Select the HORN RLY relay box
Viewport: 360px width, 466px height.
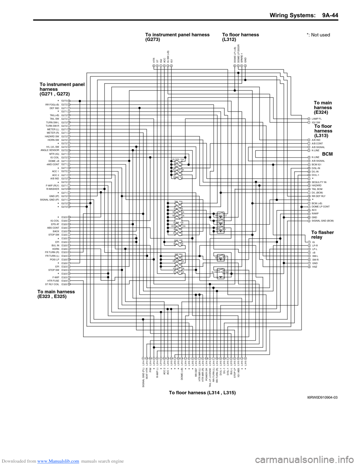tap(221, 230)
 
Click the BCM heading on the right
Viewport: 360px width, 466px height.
tap(327, 154)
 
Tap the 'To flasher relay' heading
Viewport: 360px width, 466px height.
tap(322, 235)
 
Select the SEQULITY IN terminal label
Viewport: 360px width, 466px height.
tap(319, 182)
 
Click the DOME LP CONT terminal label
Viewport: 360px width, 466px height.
tap(321, 207)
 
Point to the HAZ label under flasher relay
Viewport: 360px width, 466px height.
tap(315, 267)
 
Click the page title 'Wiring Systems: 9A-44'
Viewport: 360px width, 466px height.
tap(304, 15)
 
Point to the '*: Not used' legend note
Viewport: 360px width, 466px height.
tap(318, 35)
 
